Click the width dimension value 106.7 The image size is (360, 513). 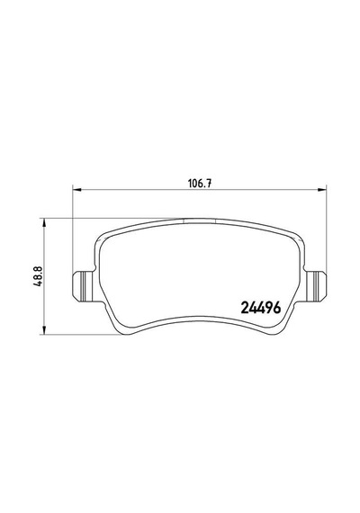(199, 184)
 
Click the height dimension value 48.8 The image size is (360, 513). (38, 275)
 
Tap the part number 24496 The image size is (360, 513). (261, 307)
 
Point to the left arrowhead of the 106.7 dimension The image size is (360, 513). (76, 189)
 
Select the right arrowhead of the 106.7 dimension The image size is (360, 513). (322, 189)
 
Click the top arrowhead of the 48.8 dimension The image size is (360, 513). (43, 223)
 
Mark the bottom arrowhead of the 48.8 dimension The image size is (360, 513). (43, 329)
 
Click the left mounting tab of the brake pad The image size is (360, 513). (83, 286)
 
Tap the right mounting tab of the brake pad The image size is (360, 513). (317, 286)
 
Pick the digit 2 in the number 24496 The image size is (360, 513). (245, 308)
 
